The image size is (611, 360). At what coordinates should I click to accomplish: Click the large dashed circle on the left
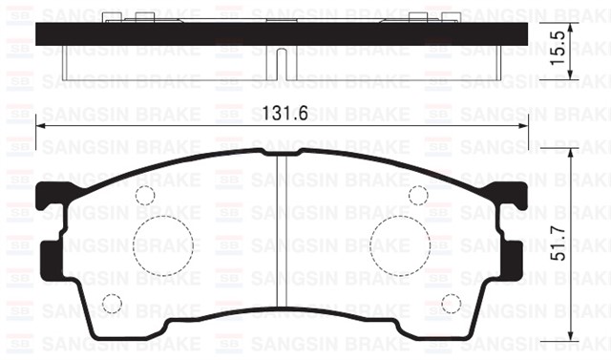click(x=160, y=244)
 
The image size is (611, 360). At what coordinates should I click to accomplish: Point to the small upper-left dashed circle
click(x=144, y=196)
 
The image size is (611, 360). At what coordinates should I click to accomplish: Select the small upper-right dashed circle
click(x=417, y=196)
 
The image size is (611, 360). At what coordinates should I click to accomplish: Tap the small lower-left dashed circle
click(x=112, y=305)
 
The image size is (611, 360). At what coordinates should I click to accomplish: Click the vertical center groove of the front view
click(x=281, y=239)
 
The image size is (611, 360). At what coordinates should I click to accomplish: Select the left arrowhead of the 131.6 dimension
click(x=41, y=125)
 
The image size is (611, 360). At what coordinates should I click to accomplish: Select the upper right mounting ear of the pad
click(x=516, y=196)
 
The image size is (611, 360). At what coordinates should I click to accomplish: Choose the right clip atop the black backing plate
click(x=421, y=16)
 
